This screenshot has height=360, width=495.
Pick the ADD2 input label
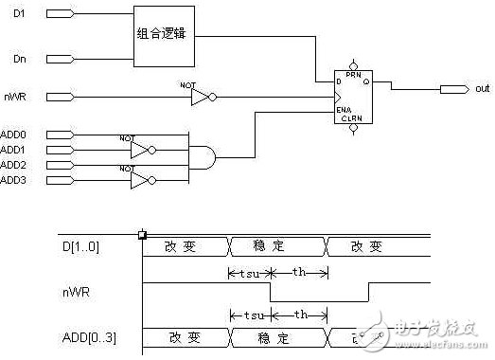pyautogui.click(x=13, y=165)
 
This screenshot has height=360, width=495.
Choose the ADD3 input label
pyautogui.click(x=13, y=179)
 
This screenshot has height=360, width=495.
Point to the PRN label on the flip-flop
pyautogui.click(x=354, y=75)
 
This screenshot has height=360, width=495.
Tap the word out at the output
pyautogui.click(x=483, y=89)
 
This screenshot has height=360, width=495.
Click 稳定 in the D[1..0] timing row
pyautogui.click(x=278, y=246)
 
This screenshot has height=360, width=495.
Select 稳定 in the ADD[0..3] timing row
pyautogui.click(x=278, y=337)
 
